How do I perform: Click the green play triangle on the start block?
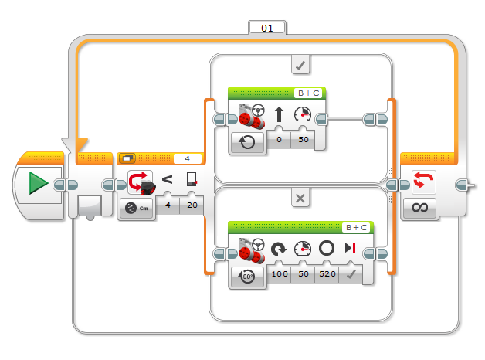[x=39, y=183]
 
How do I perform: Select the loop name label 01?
[x=267, y=29]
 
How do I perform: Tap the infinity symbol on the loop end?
[x=419, y=207]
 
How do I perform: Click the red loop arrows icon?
[x=423, y=181]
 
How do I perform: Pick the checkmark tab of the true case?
[x=300, y=65]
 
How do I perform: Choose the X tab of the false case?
[x=300, y=199]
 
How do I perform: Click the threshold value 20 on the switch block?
[x=192, y=205]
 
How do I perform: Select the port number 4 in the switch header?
[x=187, y=158]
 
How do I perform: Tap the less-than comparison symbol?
[x=167, y=179]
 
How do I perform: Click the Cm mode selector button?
[x=137, y=208]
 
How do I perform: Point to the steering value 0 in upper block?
[x=279, y=140]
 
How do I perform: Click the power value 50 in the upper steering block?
[x=303, y=140]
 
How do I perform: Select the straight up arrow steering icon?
[x=279, y=114]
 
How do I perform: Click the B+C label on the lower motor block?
[x=356, y=228]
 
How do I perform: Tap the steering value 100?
[x=280, y=273]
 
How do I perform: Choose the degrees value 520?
[x=327, y=273]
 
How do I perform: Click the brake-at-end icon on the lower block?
[x=350, y=248]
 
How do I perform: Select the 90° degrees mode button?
[x=247, y=276]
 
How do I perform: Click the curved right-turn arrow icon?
[x=278, y=249]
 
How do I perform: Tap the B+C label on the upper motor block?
[x=308, y=93]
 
